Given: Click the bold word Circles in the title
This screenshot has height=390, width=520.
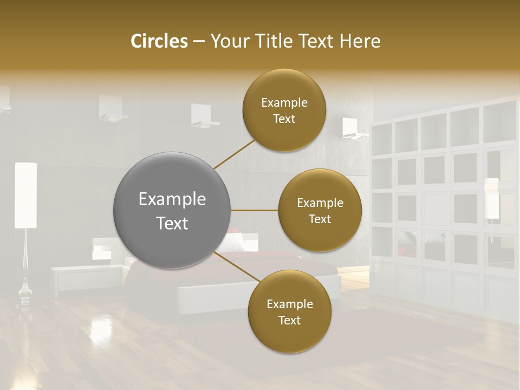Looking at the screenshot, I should (159, 41).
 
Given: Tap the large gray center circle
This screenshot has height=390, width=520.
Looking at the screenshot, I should (172, 210).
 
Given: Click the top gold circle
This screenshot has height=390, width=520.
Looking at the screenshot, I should (284, 110).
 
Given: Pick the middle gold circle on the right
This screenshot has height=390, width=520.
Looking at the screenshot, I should (320, 210).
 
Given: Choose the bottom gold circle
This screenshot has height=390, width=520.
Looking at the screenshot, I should (289, 311).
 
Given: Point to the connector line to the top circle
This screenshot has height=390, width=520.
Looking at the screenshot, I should (234, 153).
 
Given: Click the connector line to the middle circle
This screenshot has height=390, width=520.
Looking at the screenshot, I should (255, 210).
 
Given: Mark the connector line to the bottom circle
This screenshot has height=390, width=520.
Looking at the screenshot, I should (236, 267).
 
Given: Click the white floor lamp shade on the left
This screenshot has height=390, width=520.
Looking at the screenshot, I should (25, 195).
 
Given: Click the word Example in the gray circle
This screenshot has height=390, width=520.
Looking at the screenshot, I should (172, 199).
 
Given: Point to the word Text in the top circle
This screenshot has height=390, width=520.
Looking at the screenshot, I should (284, 119).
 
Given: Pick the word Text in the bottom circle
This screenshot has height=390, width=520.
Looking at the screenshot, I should (289, 320).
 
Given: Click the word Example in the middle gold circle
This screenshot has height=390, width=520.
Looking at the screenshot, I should (320, 203).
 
